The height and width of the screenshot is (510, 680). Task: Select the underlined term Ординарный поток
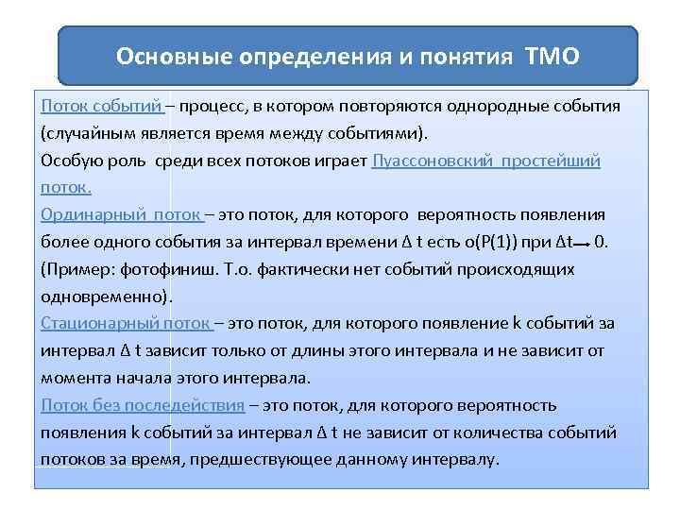tap(121, 213)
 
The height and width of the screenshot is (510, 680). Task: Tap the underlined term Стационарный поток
tap(127, 323)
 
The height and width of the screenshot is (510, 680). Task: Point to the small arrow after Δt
tap(581, 243)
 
